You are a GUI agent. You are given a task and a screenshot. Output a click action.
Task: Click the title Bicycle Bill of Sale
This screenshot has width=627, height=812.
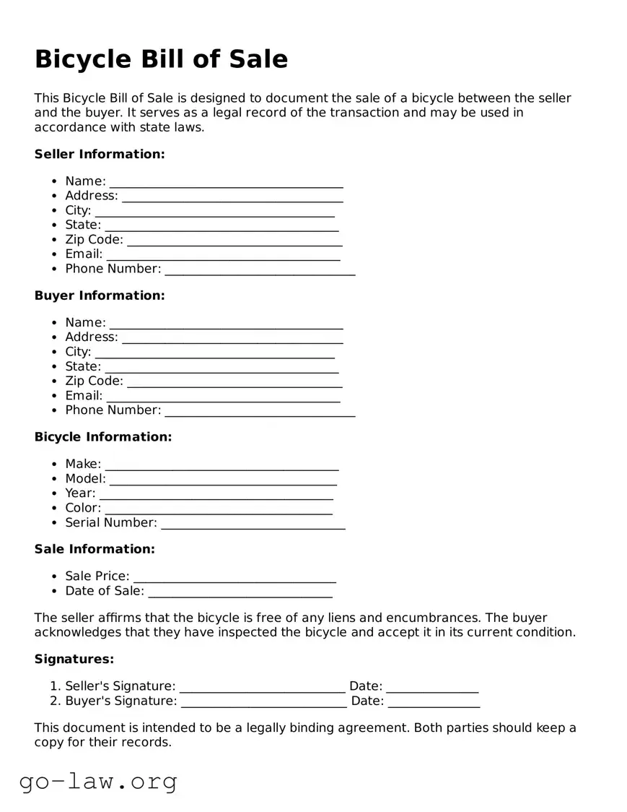pos(161,59)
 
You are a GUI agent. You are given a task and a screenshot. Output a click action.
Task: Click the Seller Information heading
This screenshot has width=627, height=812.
pos(100,154)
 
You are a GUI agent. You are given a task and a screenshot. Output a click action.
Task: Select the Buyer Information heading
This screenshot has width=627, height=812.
pos(100,295)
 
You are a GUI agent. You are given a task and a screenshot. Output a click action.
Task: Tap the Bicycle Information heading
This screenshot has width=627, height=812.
pos(103,437)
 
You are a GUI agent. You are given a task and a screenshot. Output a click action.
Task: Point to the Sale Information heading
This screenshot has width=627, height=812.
pos(95,549)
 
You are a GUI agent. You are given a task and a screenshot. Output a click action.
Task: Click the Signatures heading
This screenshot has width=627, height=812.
pos(74,659)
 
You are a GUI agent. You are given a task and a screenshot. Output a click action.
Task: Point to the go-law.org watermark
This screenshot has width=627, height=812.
pos(98,781)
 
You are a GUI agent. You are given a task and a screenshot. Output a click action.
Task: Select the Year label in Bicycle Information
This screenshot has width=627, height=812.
pos(80,493)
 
